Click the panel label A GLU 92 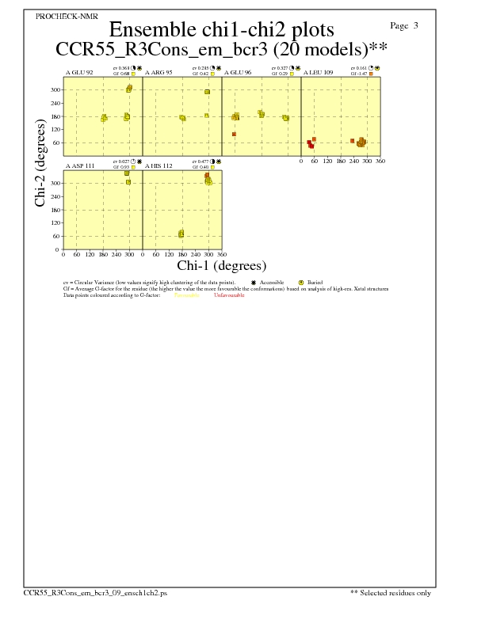tap(79, 73)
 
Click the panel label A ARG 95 tap(158, 73)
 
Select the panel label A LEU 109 tap(319, 73)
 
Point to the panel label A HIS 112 tap(158, 166)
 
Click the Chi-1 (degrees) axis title tap(221, 266)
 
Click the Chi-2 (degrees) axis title tap(40, 164)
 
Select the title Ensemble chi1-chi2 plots tap(221, 29)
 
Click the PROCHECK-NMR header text tap(55, 16)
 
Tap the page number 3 tap(416, 25)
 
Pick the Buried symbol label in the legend tap(315, 283)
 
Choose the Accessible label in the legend tap(272, 283)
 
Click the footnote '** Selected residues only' tap(391, 592)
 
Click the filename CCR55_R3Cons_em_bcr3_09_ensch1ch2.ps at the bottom tap(95, 592)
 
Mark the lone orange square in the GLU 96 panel tap(234, 135)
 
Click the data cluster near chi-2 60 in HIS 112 tap(181, 234)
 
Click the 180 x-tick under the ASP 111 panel tap(103, 255)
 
